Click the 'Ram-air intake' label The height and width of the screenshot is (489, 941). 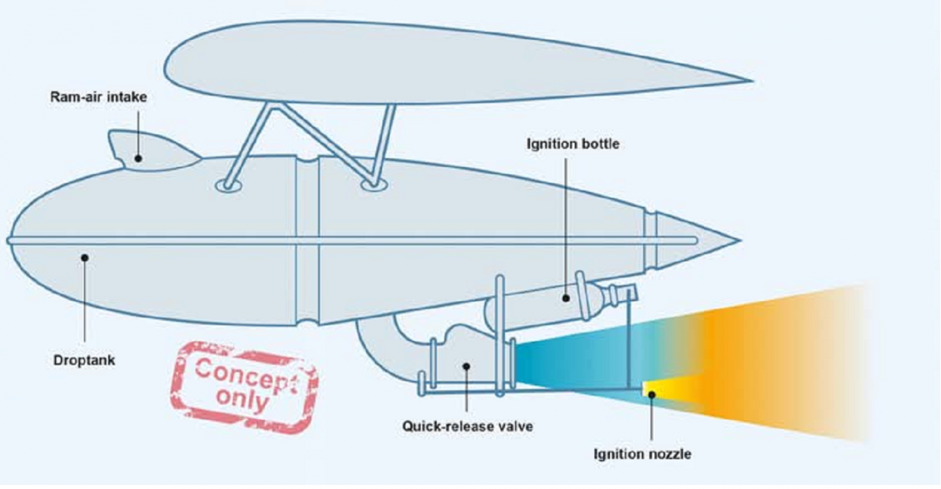(99, 98)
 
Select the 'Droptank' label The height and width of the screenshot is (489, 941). (84, 360)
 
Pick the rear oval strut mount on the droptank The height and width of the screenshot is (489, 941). (372, 185)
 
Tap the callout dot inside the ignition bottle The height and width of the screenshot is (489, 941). (565, 297)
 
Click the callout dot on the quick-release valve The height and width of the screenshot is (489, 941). (467, 364)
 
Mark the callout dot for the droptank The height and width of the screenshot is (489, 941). (85, 255)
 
